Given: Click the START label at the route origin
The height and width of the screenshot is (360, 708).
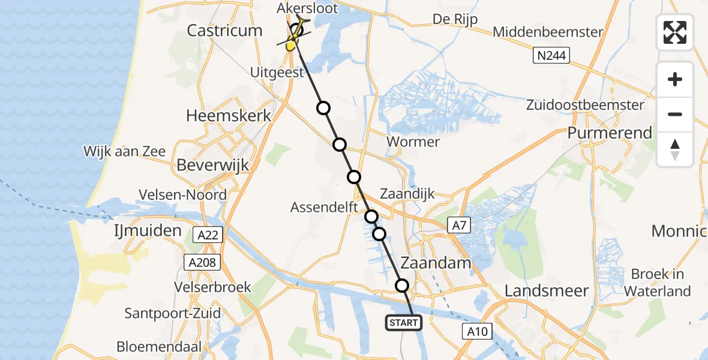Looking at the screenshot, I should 403,323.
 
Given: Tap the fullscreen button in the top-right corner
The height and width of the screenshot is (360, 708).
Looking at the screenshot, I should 675,32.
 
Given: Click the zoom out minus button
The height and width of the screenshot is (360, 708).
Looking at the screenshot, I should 675,114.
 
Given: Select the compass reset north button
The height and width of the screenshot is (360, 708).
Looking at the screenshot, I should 675,149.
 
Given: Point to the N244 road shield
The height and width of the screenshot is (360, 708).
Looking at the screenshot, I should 551,56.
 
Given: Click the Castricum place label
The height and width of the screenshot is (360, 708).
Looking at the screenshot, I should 224,31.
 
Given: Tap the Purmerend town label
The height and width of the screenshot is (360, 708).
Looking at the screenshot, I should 610,133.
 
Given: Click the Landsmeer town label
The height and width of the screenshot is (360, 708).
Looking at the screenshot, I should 546,291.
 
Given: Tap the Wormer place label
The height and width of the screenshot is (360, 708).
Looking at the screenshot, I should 413,142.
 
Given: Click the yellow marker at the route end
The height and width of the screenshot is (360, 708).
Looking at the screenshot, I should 292,44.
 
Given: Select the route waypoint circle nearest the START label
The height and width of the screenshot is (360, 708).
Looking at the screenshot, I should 402,286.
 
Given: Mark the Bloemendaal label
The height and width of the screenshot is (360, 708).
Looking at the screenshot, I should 159,346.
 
